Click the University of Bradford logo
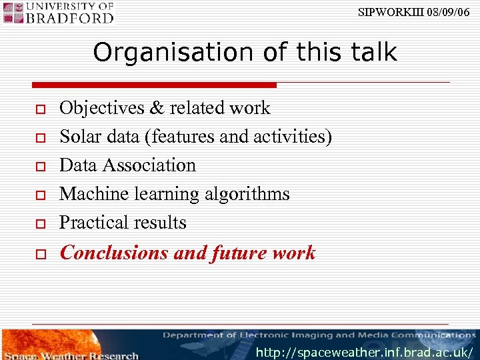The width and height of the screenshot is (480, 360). click(59, 13)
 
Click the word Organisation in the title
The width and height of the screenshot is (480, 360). click(157, 52)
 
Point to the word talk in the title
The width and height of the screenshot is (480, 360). click(372, 52)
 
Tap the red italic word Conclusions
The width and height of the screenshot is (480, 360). click(114, 253)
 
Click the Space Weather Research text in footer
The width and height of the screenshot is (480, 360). click(73, 355)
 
